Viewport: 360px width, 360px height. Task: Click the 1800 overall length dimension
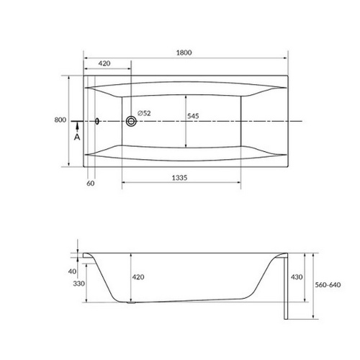(184, 53)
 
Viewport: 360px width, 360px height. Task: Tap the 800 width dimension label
(60, 120)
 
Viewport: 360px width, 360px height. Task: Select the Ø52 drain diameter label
(144, 113)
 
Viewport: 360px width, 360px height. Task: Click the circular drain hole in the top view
(131, 121)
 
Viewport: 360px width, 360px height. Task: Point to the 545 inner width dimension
(193, 116)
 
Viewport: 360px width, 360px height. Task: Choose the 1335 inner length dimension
(179, 178)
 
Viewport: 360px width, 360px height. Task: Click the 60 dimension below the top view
(91, 183)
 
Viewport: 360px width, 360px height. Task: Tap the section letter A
(77, 137)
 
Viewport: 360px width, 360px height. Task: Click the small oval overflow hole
(97, 121)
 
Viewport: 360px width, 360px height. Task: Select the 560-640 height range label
(328, 285)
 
